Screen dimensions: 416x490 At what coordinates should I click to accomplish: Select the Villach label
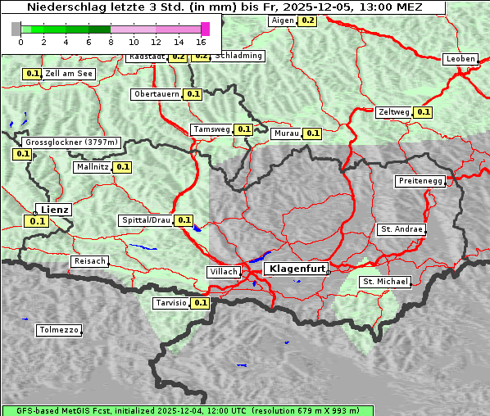[x=223, y=271]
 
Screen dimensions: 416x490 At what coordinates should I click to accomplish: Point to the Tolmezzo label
[x=59, y=331]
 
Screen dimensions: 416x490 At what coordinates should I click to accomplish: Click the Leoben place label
[x=461, y=59]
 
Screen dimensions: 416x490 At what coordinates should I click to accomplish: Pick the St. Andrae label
[x=402, y=229]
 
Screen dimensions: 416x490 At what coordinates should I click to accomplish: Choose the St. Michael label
[x=384, y=282]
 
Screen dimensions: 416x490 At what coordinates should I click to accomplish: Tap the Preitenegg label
[x=421, y=181]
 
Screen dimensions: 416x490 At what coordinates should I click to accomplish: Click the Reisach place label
[x=90, y=261]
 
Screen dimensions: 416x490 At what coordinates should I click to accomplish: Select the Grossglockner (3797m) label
[x=71, y=142]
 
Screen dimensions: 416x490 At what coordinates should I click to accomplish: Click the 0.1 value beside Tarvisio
[x=201, y=303]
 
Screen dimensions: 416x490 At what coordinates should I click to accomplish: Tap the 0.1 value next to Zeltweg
[x=423, y=112]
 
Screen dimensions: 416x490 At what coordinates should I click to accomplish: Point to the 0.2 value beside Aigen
[x=307, y=20]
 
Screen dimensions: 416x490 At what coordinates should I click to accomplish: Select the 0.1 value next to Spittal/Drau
[x=184, y=220]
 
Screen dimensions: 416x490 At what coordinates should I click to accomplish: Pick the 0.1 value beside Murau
[x=311, y=133]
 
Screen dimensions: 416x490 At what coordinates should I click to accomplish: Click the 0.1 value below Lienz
[x=37, y=221]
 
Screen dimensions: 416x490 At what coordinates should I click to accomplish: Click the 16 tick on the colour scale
[x=201, y=42]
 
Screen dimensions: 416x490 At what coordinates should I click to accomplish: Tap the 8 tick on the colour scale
[x=111, y=42]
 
